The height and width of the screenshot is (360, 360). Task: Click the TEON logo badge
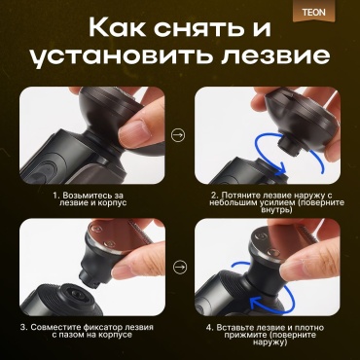[313, 13]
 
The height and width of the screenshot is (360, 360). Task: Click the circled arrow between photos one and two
[178, 135]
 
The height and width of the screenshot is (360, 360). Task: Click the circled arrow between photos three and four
[180, 268]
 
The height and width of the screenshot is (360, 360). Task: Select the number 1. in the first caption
[57, 196]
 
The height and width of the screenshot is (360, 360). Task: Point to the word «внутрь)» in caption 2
[276, 210]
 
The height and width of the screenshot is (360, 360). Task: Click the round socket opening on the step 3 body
[77, 294]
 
